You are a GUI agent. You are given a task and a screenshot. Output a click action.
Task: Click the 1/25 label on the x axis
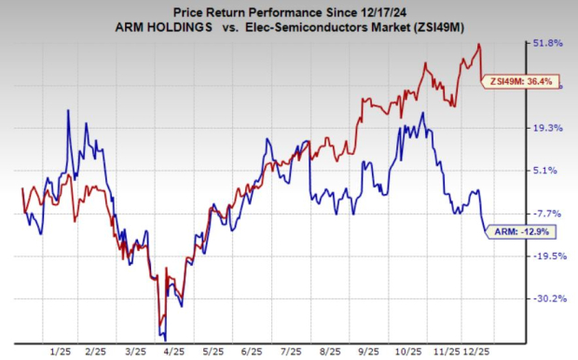61,352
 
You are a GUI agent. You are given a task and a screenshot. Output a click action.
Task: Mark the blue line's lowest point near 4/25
164,337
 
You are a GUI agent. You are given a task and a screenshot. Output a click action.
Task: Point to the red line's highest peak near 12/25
479,44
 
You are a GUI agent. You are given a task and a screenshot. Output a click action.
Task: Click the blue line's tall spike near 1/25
68,110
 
